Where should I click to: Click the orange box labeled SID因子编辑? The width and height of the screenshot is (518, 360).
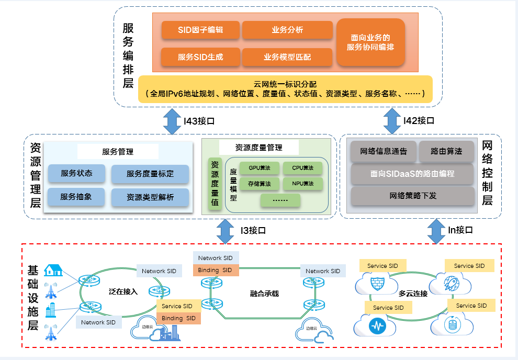(x=200, y=30)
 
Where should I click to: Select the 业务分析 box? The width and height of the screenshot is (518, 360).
(x=287, y=30)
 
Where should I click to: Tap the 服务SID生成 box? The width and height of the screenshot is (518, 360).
(x=200, y=57)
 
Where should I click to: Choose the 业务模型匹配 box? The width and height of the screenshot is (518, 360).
(x=287, y=57)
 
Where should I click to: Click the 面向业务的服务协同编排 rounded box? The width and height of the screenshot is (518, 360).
(x=370, y=42)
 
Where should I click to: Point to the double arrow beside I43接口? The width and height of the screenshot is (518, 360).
(x=172, y=121)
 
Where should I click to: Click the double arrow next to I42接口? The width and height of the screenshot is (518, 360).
(x=392, y=121)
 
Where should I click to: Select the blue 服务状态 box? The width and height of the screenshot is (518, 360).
(x=76, y=173)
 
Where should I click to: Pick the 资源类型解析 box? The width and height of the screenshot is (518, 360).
(x=150, y=197)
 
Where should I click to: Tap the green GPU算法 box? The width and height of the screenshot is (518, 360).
(x=259, y=168)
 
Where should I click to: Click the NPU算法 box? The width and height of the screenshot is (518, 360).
(x=303, y=184)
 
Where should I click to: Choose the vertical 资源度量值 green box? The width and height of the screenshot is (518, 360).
(x=213, y=184)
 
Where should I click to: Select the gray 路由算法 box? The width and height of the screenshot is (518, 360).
(x=446, y=151)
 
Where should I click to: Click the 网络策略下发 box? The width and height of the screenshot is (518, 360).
(x=413, y=196)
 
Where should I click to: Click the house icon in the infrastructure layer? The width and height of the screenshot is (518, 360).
(x=53, y=270)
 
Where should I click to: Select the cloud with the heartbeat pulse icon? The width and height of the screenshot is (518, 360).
(x=377, y=325)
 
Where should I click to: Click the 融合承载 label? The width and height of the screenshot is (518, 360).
(x=264, y=294)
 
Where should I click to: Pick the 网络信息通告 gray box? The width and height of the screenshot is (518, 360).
(x=383, y=151)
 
